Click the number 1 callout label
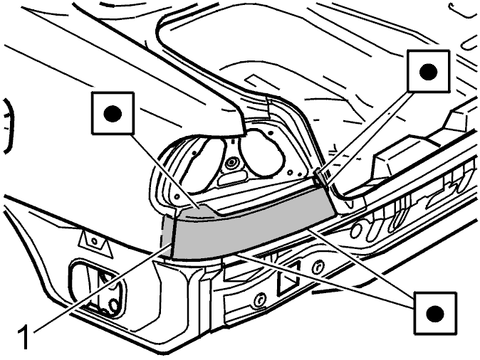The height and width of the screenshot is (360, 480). [24, 338]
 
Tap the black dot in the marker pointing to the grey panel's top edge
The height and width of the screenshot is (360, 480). [113, 114]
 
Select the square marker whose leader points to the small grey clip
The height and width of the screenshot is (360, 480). [428, 71]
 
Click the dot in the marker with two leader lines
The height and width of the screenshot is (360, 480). [435, 313]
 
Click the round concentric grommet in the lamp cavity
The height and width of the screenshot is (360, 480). [231, 163]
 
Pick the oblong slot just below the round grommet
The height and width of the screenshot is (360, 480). [232, 178]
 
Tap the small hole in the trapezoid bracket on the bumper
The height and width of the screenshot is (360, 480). [94, 241]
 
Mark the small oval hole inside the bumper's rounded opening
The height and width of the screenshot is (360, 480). [114, 305]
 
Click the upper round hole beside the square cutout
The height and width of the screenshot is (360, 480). [318, 266]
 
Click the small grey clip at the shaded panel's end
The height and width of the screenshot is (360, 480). [320, 177]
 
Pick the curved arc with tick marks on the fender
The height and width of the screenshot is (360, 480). [9, 126]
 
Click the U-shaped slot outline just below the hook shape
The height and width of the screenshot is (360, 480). [471, 43]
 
